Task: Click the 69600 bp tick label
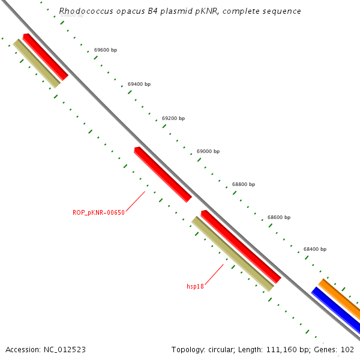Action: tap(106, 50)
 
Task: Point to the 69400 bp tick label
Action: tap(139, 85)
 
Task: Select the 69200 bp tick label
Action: tap(173, 118)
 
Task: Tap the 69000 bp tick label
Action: tap(208, 151)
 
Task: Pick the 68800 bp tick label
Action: tap(244, 184)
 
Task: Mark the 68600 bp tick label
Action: tap(279, 217)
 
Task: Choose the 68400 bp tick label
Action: tap(315, 248)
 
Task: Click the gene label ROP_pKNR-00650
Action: tap(98, 212)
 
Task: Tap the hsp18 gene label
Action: tap(195, 286)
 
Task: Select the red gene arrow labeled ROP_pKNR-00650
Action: tap(163, 174)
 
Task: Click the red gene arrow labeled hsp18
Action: tap(241, 246)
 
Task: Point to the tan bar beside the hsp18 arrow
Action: tap(232, 254)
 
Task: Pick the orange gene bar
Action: tap(340, 299)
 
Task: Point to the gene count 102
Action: tap(347, 349)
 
